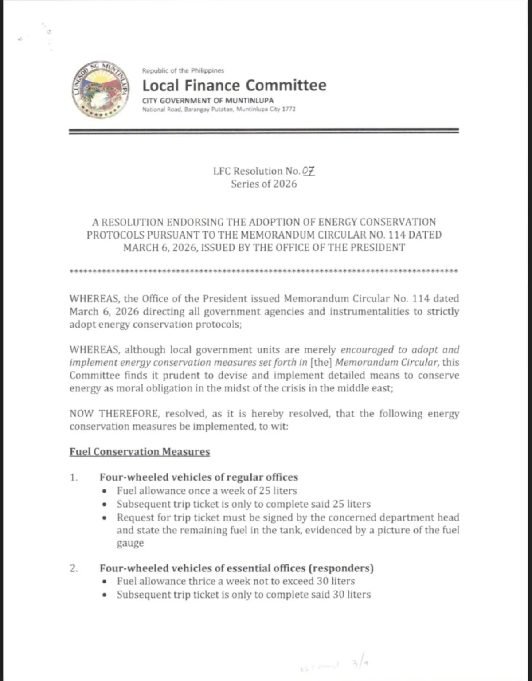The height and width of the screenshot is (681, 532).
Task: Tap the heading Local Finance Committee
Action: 234,85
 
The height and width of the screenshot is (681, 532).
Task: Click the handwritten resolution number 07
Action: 309,171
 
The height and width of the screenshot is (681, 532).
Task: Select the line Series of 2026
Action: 264,184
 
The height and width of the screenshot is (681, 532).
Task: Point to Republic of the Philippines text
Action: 183,70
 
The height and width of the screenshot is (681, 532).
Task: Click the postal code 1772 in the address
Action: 289,109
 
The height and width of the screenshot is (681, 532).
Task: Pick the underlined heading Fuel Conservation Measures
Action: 140,452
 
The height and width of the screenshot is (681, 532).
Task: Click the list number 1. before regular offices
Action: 74,477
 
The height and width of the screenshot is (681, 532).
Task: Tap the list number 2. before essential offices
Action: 74,568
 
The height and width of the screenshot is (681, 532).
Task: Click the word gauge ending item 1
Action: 130,543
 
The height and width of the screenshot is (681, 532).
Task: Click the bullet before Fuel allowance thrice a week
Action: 104,582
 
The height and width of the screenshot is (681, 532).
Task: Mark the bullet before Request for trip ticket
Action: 104,518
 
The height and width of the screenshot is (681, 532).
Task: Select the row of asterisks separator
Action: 264,271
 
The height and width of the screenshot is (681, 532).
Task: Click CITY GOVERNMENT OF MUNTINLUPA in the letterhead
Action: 207,100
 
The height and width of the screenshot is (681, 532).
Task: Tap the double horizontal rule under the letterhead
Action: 264,131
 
